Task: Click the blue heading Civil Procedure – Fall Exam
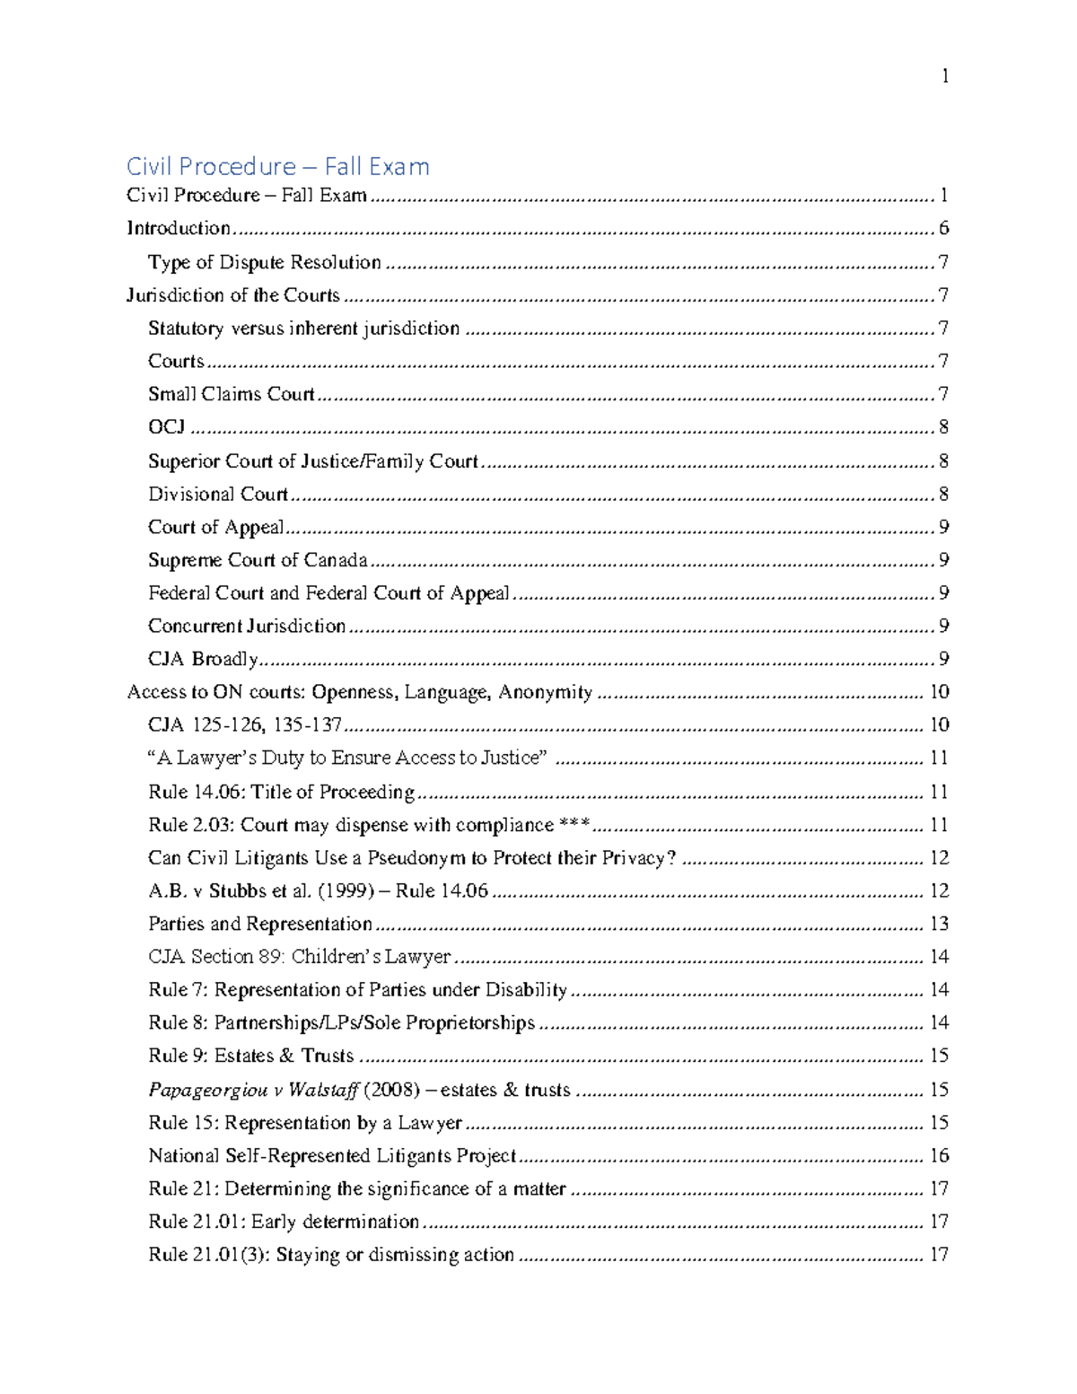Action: [x=277, y=166]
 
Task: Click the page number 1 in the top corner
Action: [x=945, y=76]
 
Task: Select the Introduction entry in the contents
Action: [x=179, y=228]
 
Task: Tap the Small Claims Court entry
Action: [x=231, y=394]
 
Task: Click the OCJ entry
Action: [x=166, y=427]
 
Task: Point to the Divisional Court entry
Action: [x=218, y=494]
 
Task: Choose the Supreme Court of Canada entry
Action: [x=258, y=560]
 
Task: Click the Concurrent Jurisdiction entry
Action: [x=246, y=626]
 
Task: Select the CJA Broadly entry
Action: [x=203, y=659]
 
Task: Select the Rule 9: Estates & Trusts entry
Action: [x=250, y=1056]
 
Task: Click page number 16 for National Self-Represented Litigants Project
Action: [x=939, y=1156]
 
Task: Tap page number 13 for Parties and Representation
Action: [x=939, y=925]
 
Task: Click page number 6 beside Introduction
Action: [x=943, y=228]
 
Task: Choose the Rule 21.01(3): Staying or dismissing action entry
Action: [x=330, y=1255]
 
